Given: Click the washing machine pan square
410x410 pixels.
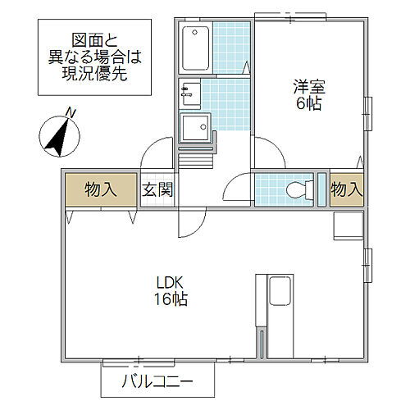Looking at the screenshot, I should point(195,128).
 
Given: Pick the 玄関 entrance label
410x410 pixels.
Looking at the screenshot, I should point(157,190).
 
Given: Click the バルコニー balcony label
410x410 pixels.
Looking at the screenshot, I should point(157,381).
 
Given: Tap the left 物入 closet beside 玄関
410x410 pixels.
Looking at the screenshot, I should point(99,189).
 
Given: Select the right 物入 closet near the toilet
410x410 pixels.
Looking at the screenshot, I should point(346,189).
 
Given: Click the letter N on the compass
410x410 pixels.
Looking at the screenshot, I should point(71,113).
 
